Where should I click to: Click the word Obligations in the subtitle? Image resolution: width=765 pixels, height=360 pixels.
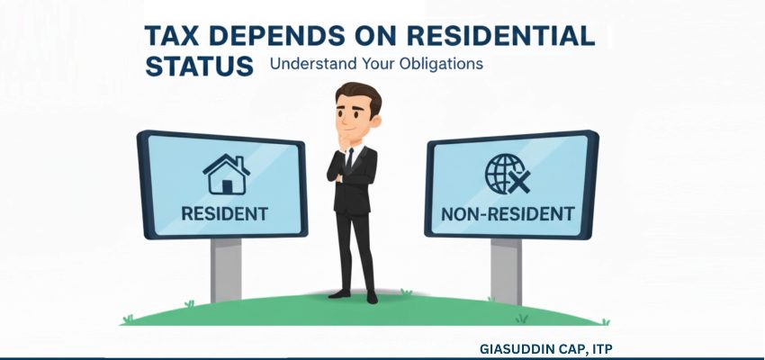(x=437, y=65)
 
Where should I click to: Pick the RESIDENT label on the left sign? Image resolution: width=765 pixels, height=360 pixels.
(x=225, y=214)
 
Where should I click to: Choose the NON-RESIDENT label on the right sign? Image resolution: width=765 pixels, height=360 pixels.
(x=508, y=214)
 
